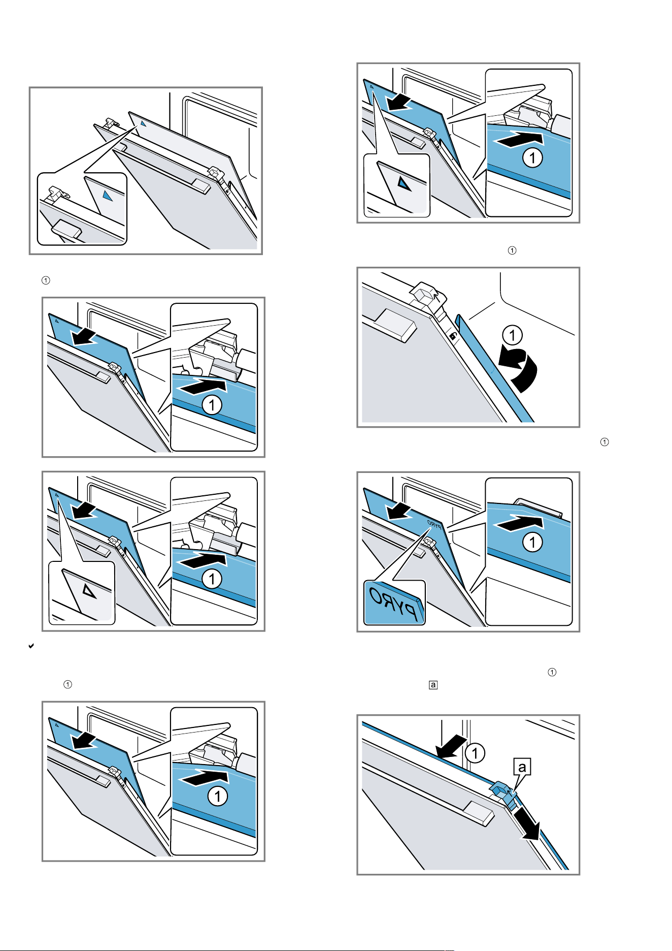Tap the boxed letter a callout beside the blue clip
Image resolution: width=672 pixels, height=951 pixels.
click(522, 767)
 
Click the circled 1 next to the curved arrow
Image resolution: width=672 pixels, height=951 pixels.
click(513, 335)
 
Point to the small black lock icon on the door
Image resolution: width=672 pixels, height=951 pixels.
click(452, 336)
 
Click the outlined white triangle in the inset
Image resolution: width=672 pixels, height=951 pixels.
click(89, 591)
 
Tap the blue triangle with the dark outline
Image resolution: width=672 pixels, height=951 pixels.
click(404, 183)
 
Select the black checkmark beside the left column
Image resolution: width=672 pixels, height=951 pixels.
click(31, 646)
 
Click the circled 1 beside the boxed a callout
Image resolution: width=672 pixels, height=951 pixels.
click(475, 753)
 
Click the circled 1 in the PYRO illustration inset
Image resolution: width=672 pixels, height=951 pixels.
click(532, 543)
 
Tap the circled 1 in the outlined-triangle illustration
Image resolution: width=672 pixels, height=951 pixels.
click(212, 579)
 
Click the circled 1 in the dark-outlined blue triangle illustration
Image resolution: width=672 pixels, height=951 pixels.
click(532, 158)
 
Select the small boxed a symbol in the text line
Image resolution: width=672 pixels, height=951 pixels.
click(433, 685)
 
